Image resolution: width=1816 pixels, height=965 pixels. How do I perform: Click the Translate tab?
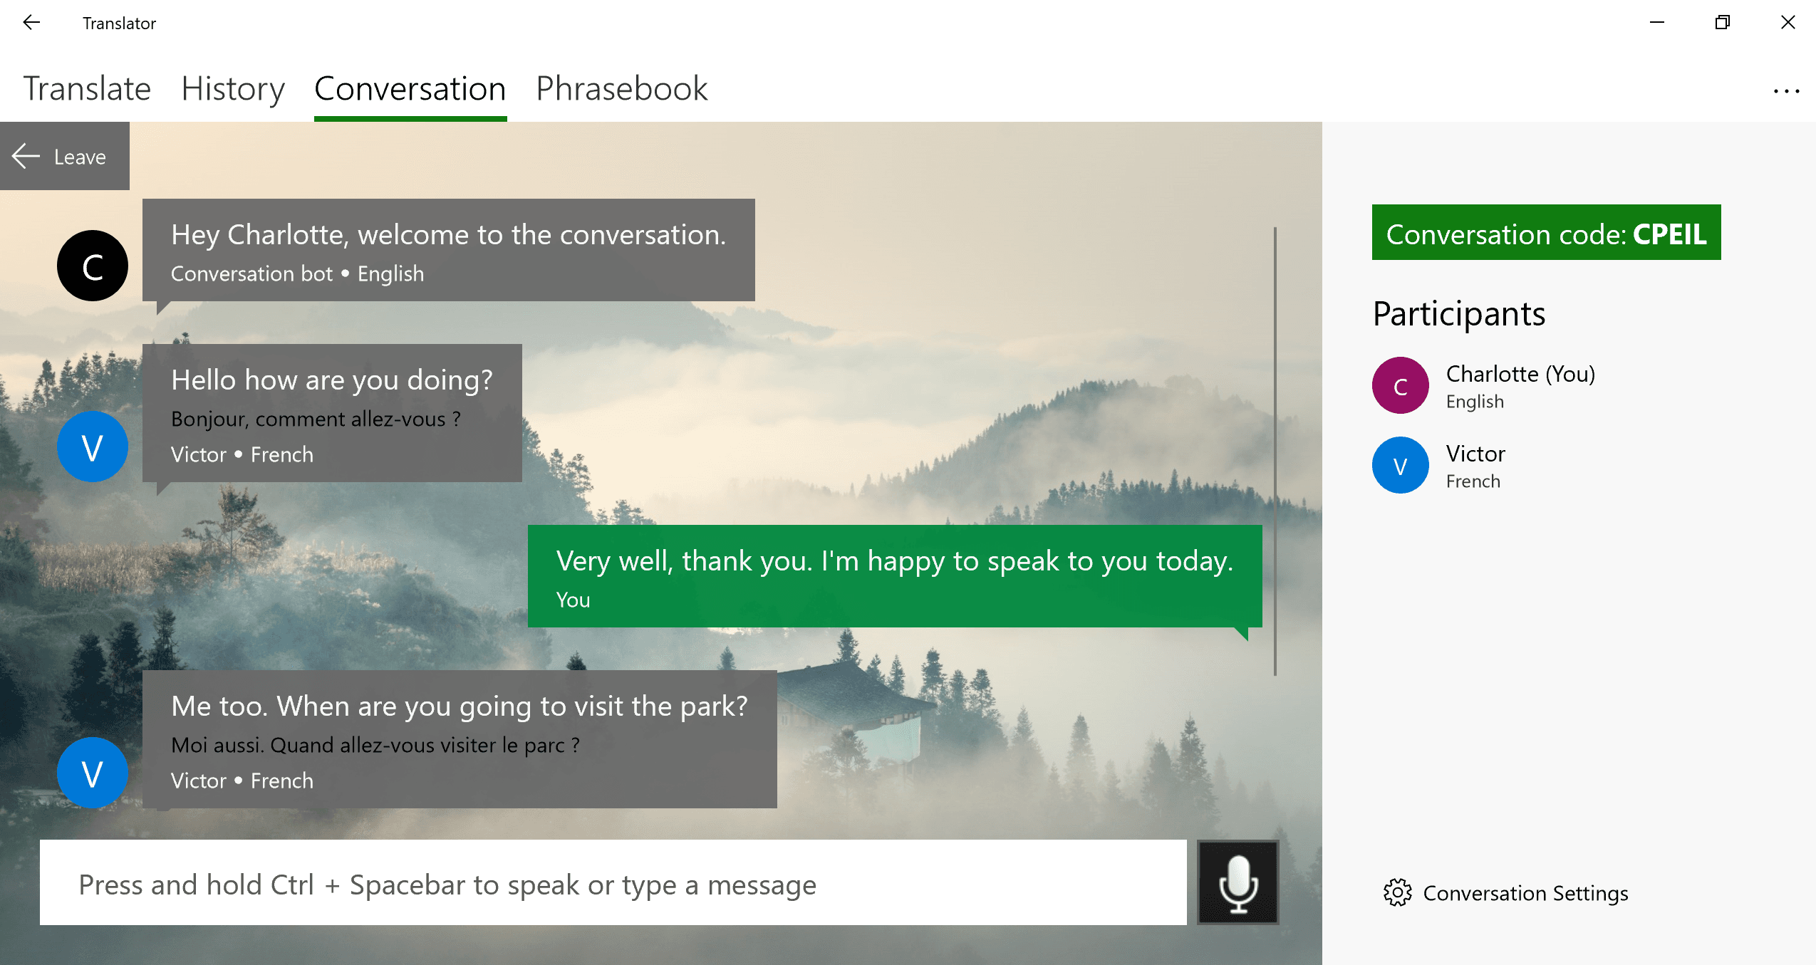pyautogui.click(x=87, y=89)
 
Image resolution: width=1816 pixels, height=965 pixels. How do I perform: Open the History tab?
pyautogui.click(x=233, y=89)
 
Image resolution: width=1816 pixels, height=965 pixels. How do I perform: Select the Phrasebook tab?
pyautogui.click(x=621, y=89)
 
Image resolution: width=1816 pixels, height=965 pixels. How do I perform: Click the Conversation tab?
pyautogui.click(x=410, y=89)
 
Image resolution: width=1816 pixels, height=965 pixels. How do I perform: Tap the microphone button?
pyautogui.click(x=1238, y=882)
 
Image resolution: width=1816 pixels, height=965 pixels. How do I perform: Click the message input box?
pyautogui.click(x=613, y=882)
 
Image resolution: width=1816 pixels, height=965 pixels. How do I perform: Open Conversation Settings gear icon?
pyautogui.click(x=1397, y=892)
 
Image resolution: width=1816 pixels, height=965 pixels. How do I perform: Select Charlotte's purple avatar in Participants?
pyautogui.click(x=1400, y=386)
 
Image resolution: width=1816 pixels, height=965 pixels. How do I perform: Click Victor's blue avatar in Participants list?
pyautogui.click(x=1400, y=466)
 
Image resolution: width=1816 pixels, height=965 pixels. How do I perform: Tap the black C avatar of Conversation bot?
pyautogui.click(x=93, y=266)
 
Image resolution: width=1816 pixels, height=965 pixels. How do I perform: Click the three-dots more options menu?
pyautogui.click(x=1786, y=91)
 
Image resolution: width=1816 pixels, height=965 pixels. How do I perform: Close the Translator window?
pyautogui.click(x=1788, y=23)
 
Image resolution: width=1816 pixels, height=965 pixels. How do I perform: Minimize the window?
pyautogui.click(x=1657, y=23)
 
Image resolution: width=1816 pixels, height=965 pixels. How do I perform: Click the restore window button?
pyautogui.click(x=1722, y=23)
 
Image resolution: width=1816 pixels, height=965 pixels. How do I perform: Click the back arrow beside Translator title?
pyautogui.click(x=31, y=23)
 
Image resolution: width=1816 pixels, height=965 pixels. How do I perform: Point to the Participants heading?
pyautogui.click(x=1459, y=314)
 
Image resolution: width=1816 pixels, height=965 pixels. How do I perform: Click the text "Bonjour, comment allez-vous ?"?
pyautogui.click(x=316, y=419)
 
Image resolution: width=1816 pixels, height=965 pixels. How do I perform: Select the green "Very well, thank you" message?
pyautogui.click(x=895, y=576)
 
